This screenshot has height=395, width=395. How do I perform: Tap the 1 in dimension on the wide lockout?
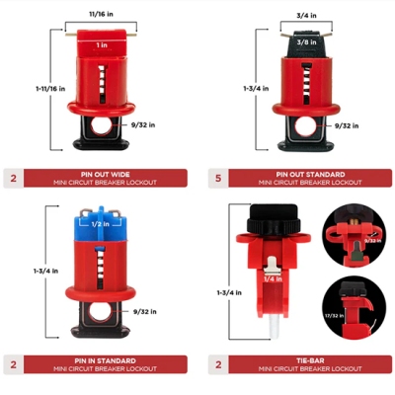pyautogui.click(x=102, y=45)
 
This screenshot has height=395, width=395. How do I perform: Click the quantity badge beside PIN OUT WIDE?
pyautogui.click(x=12, y=178)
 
